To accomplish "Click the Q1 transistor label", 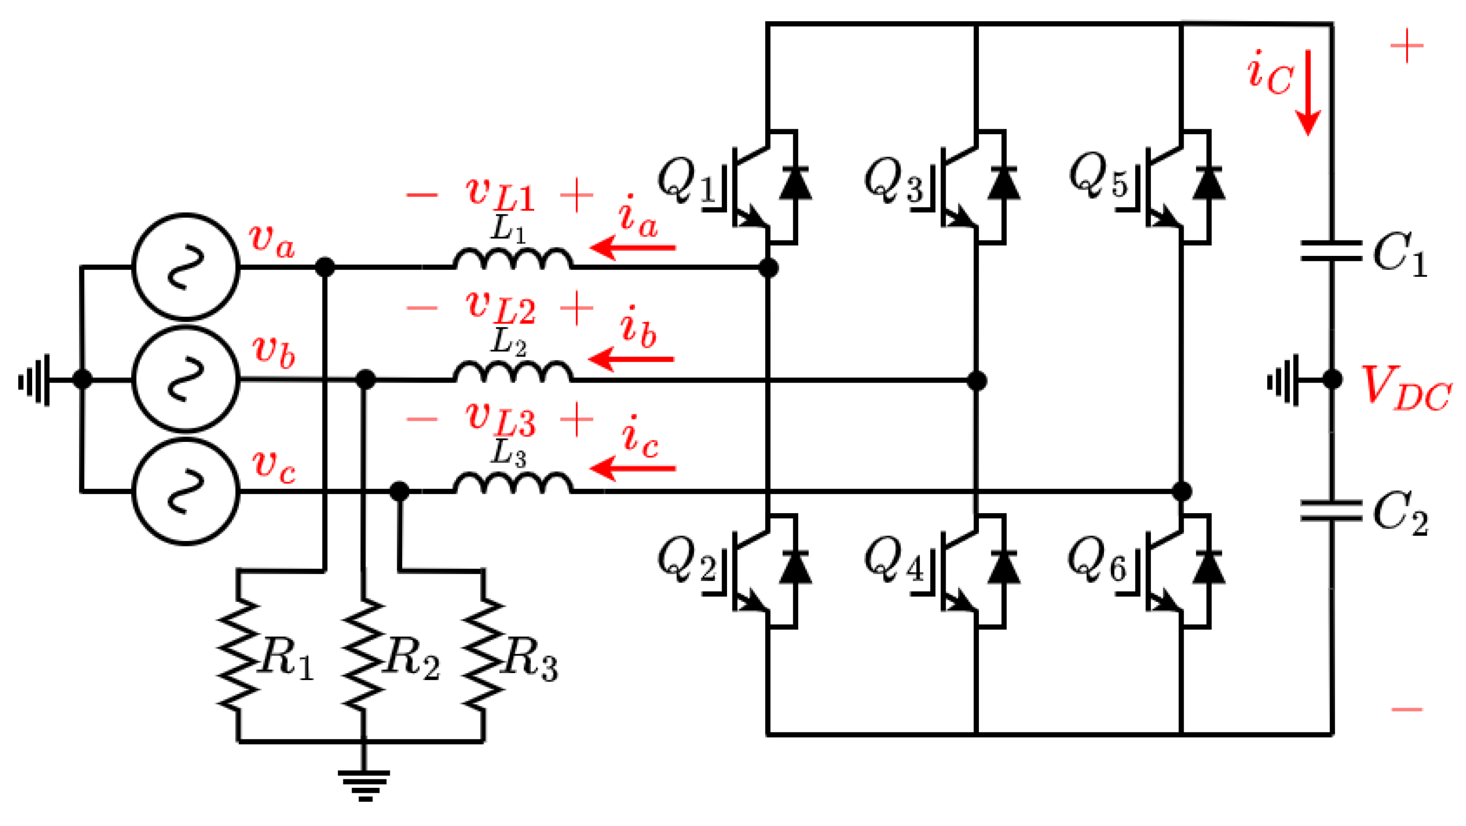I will [686, 181].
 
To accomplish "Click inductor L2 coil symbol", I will [513, 372].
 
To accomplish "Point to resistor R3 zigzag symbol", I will [483, 655].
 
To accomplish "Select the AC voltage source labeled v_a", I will [186, 266].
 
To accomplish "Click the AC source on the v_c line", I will [186, 491].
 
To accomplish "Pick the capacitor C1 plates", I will [1331, 251].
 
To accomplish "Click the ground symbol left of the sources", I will [35, 380].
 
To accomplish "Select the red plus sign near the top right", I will [1406, 46].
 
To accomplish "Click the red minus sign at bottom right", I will [1406, 709].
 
